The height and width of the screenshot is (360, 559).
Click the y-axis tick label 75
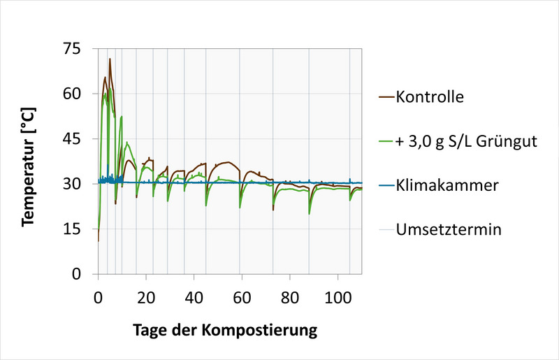[72, 49]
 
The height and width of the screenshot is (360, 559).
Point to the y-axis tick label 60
[72, 94]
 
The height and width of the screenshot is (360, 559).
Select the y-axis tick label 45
[72, 139]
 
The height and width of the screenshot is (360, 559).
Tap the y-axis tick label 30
[72, 184]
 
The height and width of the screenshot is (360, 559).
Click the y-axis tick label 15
[72, 229]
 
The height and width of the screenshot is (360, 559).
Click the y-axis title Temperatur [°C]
[28, 167]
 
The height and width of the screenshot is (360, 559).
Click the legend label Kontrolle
[429, 96]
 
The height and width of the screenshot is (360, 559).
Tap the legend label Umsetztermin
[447, 230]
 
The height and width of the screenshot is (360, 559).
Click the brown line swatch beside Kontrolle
[386, 96]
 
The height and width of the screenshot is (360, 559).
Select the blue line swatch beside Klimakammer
[386, 186]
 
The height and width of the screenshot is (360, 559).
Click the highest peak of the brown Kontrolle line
[110, 59]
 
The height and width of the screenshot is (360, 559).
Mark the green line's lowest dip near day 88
[310, 214]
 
